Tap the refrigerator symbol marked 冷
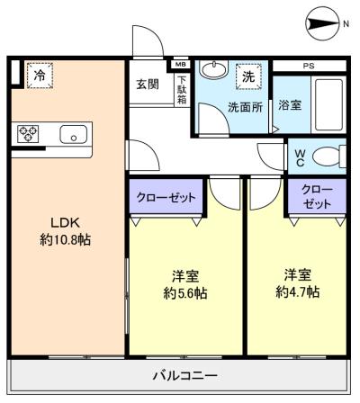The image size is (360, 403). pyautogui.click(x=39, y=76)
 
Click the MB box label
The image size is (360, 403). pyautogui.click(x=180, y=65)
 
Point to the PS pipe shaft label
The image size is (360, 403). pyautogui.click(x=309, y=66)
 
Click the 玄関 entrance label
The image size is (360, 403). pyautogui.click(x=148, y=85)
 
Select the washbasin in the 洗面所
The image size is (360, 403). pyautogui.click(x=214, y=71)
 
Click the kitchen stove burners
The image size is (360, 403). pyautogui.click(x=28, y=134)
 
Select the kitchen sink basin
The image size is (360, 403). pyautogui.click(x=72, y=135)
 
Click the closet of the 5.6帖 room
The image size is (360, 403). pyautogui.click(x=167, y=196)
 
